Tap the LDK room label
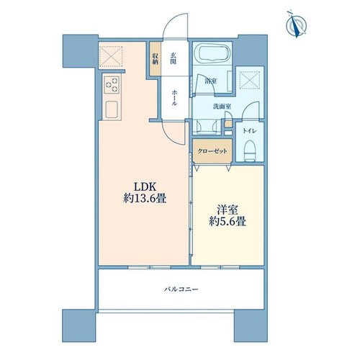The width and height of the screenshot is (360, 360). pos(145,186)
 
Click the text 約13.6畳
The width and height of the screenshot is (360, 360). pos(145,199)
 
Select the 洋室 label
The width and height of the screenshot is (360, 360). pos(228,210)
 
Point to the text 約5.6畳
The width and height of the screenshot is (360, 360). pos(228,221)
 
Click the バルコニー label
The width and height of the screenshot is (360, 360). pos(181,289)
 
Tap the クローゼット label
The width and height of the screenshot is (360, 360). pos(212,151)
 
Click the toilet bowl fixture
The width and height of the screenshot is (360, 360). pos(250,150)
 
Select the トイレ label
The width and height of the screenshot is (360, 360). pos(250,131)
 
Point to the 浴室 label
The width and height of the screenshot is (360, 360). pos(211,81)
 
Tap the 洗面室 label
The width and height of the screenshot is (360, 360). pos(222,107)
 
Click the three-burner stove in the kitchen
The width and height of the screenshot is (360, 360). pos(112,84)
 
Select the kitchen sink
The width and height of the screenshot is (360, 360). pos(112,109)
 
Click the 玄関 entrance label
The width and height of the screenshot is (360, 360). pos(174,58)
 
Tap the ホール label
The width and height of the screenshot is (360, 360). pos(174,98)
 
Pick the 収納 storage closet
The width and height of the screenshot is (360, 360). pos(156,59)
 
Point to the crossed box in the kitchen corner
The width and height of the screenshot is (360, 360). pos(111,57)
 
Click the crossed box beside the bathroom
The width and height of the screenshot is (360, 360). pos(250,80)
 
